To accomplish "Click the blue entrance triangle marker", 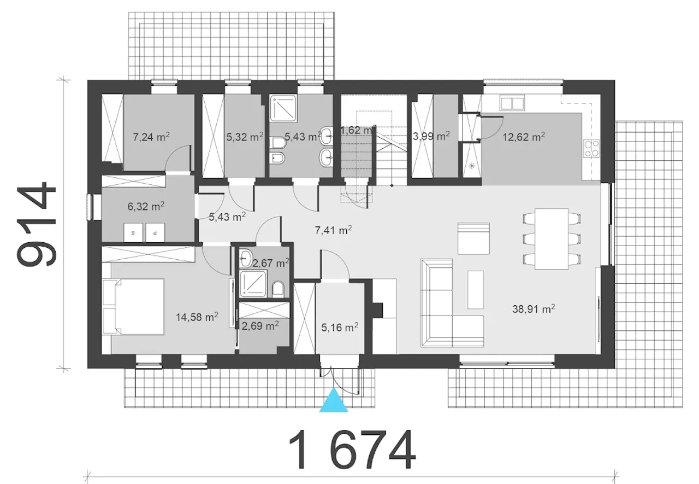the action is pos(334,401).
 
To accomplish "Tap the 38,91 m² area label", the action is pos(534,309).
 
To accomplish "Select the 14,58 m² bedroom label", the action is pos(197,317).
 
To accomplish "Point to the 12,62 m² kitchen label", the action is pos(524,137).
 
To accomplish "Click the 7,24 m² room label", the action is pos(151,137).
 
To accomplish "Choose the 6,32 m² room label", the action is pos(146,206).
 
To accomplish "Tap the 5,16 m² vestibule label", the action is pos(340,327).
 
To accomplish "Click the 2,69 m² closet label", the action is pos(260,326).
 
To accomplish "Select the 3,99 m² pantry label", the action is pos(431,136).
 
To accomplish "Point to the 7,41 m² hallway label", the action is pos(334,230).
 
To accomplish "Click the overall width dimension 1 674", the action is pos(352,450).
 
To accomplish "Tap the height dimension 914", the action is pos(37,224).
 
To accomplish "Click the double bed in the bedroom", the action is pos(133,307).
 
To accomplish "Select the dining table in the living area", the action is pos(552,239).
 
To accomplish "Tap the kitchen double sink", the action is pos(512,103).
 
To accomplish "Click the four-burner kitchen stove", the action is pos(591,148).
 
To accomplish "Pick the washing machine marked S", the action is pos(133,233).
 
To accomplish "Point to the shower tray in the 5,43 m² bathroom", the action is pos(283,108).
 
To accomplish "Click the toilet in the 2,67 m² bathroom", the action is pos(278,290).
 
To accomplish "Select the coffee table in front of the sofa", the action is pos(476,290).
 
